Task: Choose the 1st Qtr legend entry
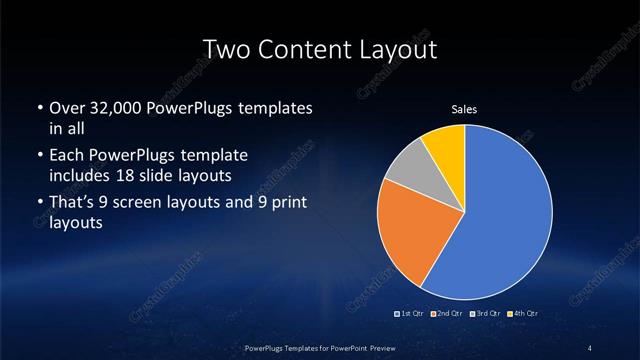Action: point(411,314)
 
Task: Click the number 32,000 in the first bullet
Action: point(115,108)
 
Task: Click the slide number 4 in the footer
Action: point(591,347)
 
